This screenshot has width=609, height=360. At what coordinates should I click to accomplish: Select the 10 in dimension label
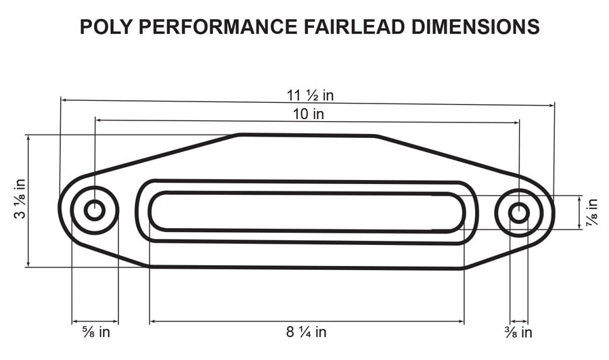(x=308, y=114)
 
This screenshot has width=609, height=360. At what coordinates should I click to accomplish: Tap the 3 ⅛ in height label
(x=20, y=200)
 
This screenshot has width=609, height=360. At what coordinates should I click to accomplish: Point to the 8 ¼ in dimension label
(x=307, y=332)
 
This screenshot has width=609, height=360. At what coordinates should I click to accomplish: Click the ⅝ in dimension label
(x=95, y=332)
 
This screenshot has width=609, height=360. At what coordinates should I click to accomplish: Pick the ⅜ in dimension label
(x=518, y=332)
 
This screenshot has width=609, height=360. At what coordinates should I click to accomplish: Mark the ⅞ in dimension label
(x=592, y=212)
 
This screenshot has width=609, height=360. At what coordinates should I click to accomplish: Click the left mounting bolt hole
(x=94, y=210)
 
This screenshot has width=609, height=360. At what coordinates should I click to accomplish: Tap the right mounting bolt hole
(x=519, y=212)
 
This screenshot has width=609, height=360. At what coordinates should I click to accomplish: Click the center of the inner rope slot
(x=307, y=212)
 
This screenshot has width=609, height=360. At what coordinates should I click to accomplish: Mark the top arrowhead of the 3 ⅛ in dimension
(x=28, y=137)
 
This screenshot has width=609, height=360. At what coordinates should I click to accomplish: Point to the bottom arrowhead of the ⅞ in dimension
(x=580, y=228)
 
